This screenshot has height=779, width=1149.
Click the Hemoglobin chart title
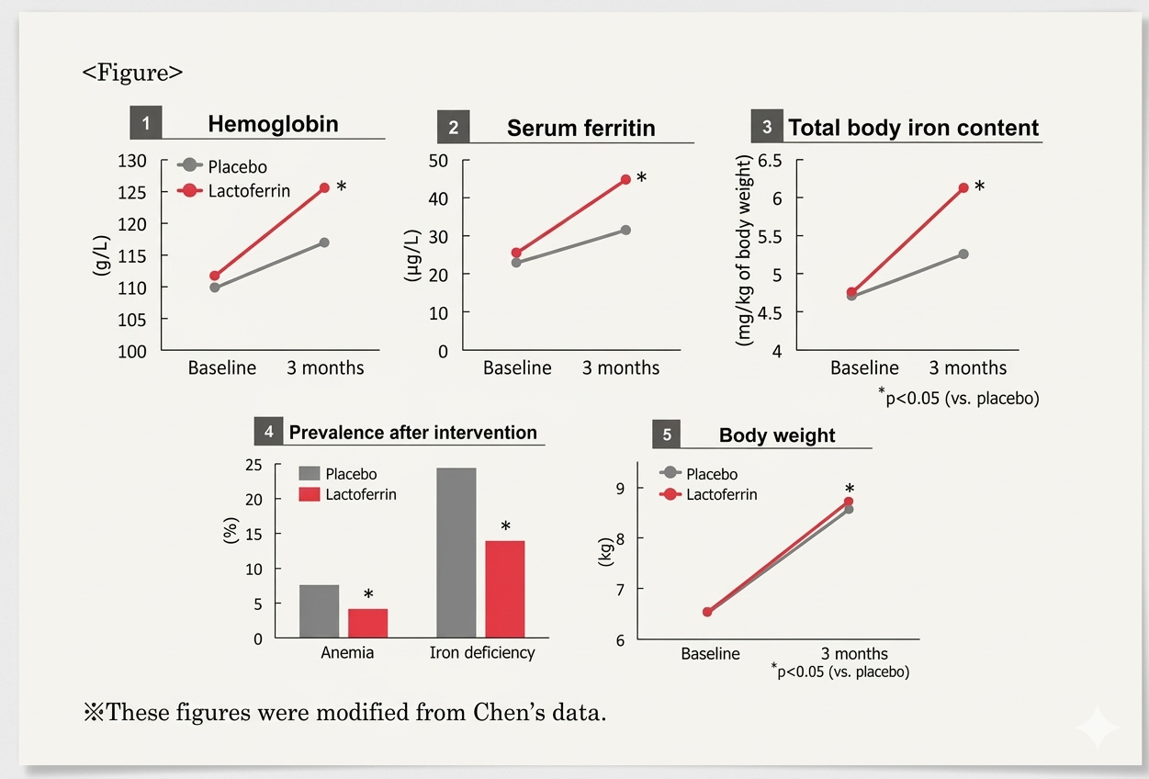(273, 124)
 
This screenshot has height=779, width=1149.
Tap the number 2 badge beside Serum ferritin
(453, 128)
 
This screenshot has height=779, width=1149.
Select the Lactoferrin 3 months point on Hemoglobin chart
(324, 188)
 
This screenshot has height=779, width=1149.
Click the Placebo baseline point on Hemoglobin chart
(215, 288)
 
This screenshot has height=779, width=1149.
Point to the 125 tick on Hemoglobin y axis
(132, 193)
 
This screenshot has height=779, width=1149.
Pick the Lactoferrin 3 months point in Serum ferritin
(625, 179)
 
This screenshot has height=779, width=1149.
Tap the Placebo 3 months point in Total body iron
(963, 254)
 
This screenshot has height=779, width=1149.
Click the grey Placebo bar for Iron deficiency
(456, 552)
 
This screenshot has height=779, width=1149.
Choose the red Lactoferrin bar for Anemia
(367, 623)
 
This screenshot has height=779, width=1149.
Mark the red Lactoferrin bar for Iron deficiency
(504, 589)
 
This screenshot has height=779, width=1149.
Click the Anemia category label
(347, 653)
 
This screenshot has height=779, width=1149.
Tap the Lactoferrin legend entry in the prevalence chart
(360, 494)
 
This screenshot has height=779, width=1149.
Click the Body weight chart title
(777, 435)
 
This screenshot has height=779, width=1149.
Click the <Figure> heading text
(133, 73)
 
